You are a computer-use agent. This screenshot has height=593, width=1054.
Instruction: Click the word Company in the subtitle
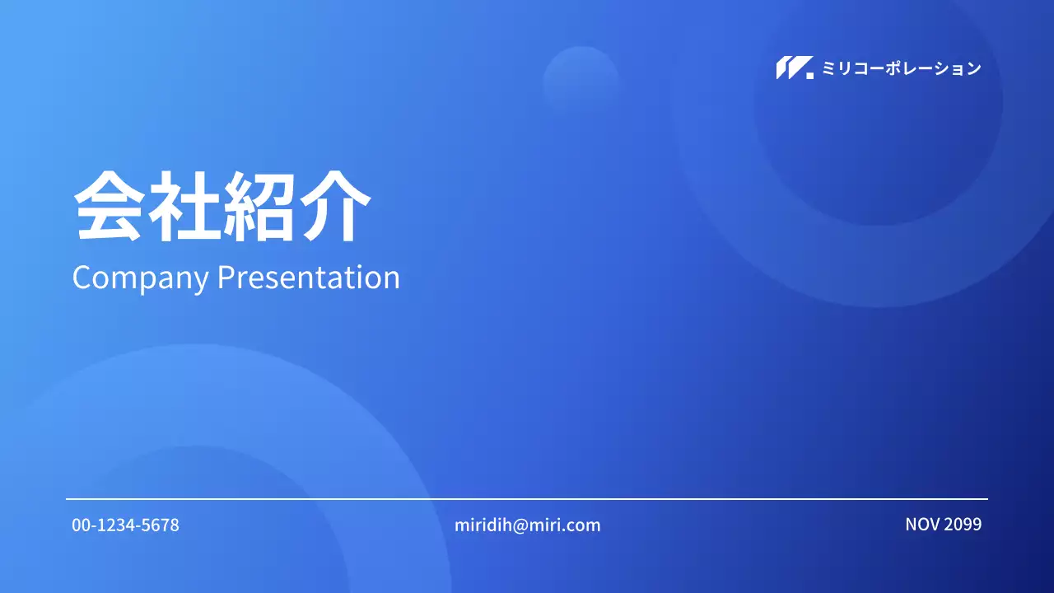point(140,278)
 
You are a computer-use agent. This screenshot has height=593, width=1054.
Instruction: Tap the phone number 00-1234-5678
point(125,525)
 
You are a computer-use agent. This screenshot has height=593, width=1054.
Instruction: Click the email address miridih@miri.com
point(527,525)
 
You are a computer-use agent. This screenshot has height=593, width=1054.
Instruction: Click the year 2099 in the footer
point(963,524)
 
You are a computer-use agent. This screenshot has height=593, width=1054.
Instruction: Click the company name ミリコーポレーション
point(902,68)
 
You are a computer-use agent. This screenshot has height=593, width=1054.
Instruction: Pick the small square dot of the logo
point(809,75)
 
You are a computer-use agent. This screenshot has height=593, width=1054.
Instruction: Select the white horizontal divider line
point(527,499)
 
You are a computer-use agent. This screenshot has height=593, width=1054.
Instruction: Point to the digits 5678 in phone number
point(161,525)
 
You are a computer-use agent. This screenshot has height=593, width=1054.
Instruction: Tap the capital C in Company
point(82,278)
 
